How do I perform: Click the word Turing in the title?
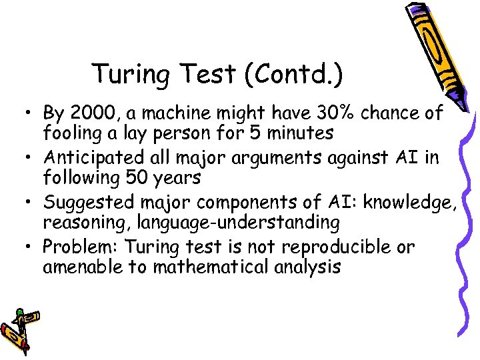(123, 74)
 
